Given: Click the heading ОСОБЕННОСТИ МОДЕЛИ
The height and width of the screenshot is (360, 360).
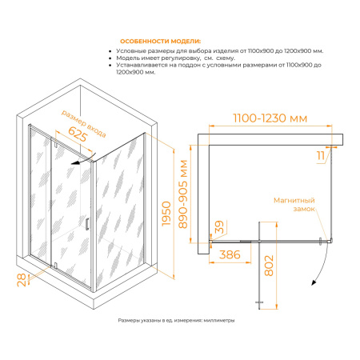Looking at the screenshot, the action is pyautogui.click(x=160, y=42).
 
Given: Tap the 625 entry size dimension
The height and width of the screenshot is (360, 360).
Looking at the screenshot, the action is pyautogui.click(x=78, y=134).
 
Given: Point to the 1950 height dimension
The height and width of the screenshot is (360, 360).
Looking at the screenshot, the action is pyautogui.click(x=166, y=214).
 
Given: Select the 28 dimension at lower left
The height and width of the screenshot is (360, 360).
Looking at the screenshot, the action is pyautogui.click(x=22, y=280).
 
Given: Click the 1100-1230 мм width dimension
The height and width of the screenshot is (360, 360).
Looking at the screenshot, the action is pyautogui.click(x=270, y=118).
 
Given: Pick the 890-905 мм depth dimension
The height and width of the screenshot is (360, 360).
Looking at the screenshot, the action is pyautogui.click(x=183, y=194).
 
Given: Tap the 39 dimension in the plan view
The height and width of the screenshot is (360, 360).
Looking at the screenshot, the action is pyautogui.click(x=219, y=227).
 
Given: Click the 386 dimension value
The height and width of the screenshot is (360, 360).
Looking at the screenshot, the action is pyautogui.click(x=230, y=255).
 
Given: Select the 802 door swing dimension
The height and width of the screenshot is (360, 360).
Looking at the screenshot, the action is pyautogui.click(x=269, y=266).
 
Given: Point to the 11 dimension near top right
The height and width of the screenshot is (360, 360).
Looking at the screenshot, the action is pyautogui.click(x=321, y=155).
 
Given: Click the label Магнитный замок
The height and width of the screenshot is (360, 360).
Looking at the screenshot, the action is pyautogui.click(x=294, y=204).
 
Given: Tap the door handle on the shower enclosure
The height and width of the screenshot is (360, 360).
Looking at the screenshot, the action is pyautogui.click(x=87, y=223).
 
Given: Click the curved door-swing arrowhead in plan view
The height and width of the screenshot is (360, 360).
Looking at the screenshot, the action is pyautogui.click(x=314, y=282).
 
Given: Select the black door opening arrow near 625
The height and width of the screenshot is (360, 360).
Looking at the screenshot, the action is pyautogui.click(x=82, y=160).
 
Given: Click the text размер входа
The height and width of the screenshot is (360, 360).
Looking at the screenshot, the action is pyautogui.click(x=84, y=123).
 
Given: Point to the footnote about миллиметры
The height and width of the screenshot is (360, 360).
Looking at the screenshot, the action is pyautogui.click(x=176, y=320).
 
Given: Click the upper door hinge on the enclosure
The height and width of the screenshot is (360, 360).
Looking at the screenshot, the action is pyautogui.click(x=55, y=145).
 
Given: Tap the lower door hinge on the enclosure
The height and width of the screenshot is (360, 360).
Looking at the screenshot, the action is pyautogui.click(x=55, y=265).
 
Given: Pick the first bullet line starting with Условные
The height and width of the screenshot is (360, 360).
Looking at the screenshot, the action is pyautogui.click(x=220, y=51).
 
